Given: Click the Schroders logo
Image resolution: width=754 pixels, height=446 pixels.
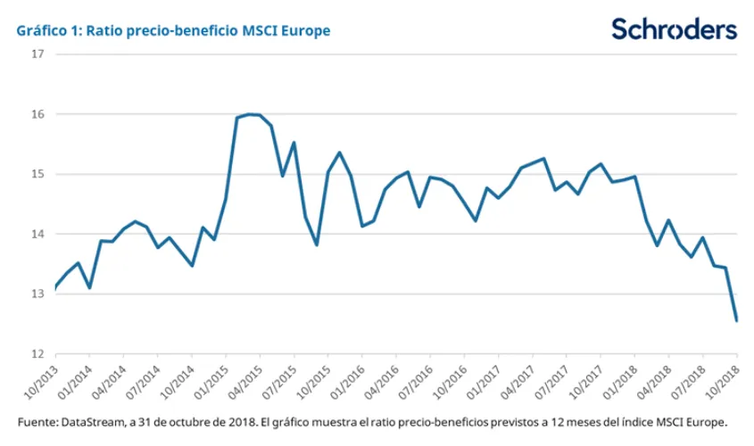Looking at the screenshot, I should pos(674,29).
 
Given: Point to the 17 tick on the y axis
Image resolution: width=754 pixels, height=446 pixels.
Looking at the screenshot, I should pos(37,54).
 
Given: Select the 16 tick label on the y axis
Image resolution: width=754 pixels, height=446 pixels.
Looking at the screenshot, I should pos(37,114).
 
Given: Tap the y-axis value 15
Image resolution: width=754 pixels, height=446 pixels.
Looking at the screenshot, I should pos(37,174).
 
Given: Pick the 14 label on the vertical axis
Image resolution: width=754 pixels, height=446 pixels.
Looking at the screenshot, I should pos(37,235).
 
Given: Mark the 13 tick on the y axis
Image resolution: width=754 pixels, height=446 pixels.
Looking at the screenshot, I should pos(37,294).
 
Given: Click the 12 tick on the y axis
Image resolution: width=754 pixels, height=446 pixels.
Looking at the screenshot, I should pos(37,354).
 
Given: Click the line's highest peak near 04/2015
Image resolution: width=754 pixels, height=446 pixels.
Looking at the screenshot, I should pos(249,114).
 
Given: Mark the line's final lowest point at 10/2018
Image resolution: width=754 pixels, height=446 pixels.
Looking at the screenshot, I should pos(736,320).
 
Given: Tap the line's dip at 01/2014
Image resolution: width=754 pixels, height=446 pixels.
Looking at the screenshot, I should pos(89,287).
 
